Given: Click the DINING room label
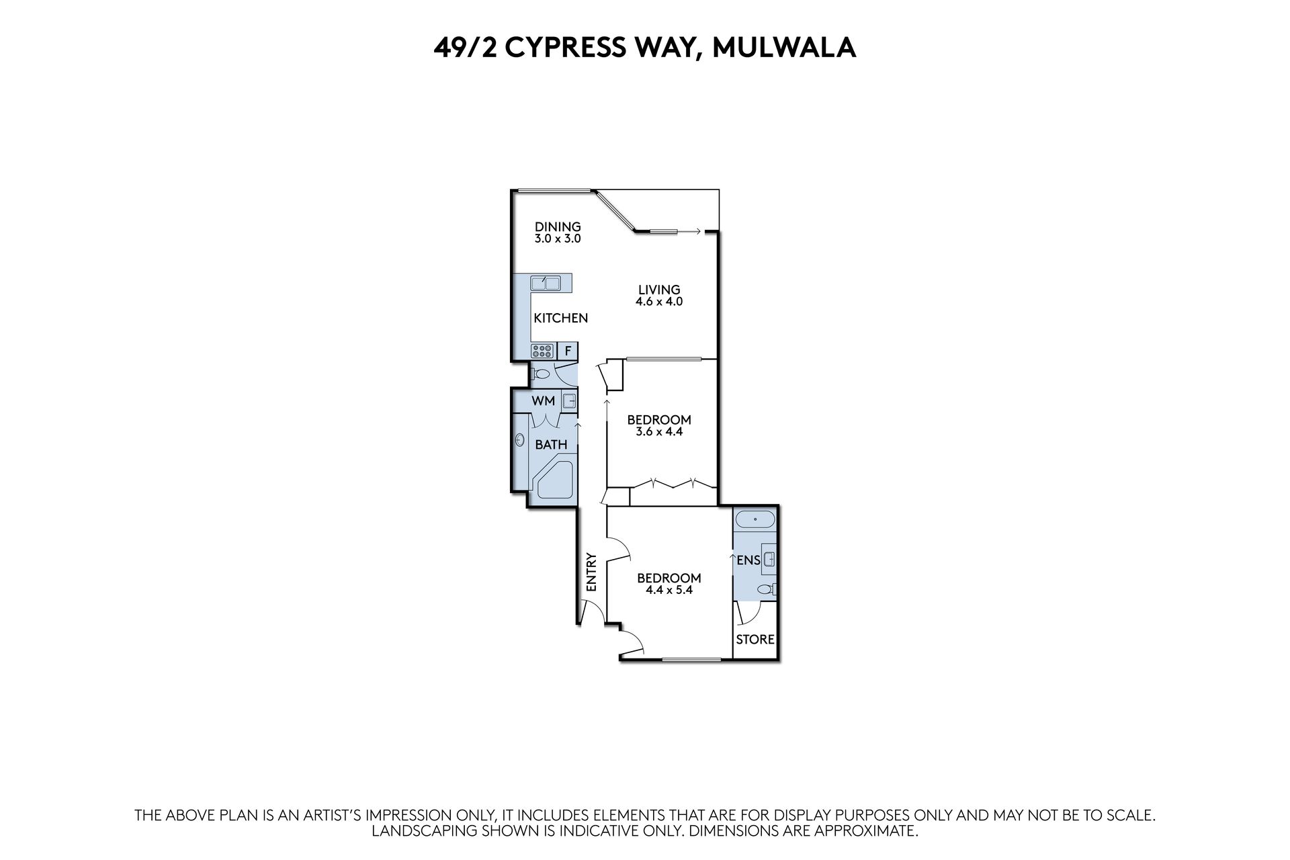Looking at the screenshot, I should [558, 227].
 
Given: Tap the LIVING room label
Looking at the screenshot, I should [659, 290].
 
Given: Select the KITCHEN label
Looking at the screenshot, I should [560, 318].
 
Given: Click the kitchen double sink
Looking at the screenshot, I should [545, 284].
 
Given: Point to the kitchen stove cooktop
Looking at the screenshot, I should [542, 350].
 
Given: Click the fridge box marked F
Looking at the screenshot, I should [568, 350].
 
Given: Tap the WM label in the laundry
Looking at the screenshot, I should [543, 401].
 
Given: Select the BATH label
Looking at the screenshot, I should [551, 444].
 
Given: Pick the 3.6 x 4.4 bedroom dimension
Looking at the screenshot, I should [659, 432].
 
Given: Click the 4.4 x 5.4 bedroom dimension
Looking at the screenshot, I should [669, 591].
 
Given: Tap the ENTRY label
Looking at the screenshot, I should [591, 572].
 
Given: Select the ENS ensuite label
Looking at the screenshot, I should [748, 560].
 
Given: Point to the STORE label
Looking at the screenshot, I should [755, 639].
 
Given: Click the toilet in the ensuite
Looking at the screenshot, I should [766, 590].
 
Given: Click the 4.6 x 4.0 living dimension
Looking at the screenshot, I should [659, 302].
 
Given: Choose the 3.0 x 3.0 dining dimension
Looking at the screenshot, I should [558, 239].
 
